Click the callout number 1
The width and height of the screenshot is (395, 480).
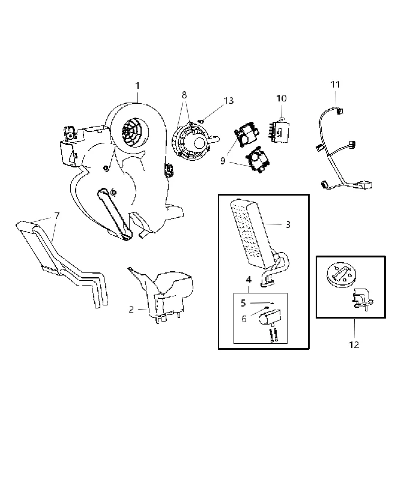pyautogui.click(x=137, y=85)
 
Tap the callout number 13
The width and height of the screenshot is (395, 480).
pyautogui.click(x=229, y=100)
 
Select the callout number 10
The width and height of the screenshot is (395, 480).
pyautogui.click(x=281, y=98)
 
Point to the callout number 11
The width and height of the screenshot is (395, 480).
pyautogui.click(x=336, y=84)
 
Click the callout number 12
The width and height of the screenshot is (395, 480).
pyautogui.click(x=354, y=344)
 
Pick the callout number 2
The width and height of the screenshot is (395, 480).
pyautogui.click(x=131, y=310)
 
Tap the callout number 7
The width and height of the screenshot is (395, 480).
pyautogui.click(x=57, y=216)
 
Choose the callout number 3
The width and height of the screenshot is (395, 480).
pyautogui.click(x=288, y=224)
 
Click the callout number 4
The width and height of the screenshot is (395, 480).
pyautogui.click(x=249, y=280)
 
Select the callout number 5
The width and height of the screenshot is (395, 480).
pyautogui.click(x=243, y=303)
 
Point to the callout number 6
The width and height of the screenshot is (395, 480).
pyautogui.click(x=244, y=319)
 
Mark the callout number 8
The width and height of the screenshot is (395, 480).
pyautogui.click(x=184, y=95)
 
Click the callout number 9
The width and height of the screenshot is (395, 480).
pyautogui.click(x=223, y=160)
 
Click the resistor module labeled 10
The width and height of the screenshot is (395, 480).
pyautogui.click(x=279, y=131)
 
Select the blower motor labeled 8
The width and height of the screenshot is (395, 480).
pyautogui.click(x=193, y=139)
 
